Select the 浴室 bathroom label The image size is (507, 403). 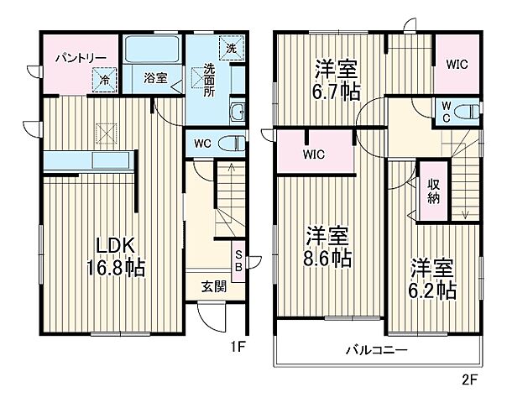(154, 78)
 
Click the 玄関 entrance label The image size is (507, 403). (213, 285)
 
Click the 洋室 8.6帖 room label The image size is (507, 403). (327, 245)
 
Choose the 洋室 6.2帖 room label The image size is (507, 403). (433, 279)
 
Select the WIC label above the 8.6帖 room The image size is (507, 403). (313, 154)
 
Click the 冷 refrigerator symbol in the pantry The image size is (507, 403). (106, 80)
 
